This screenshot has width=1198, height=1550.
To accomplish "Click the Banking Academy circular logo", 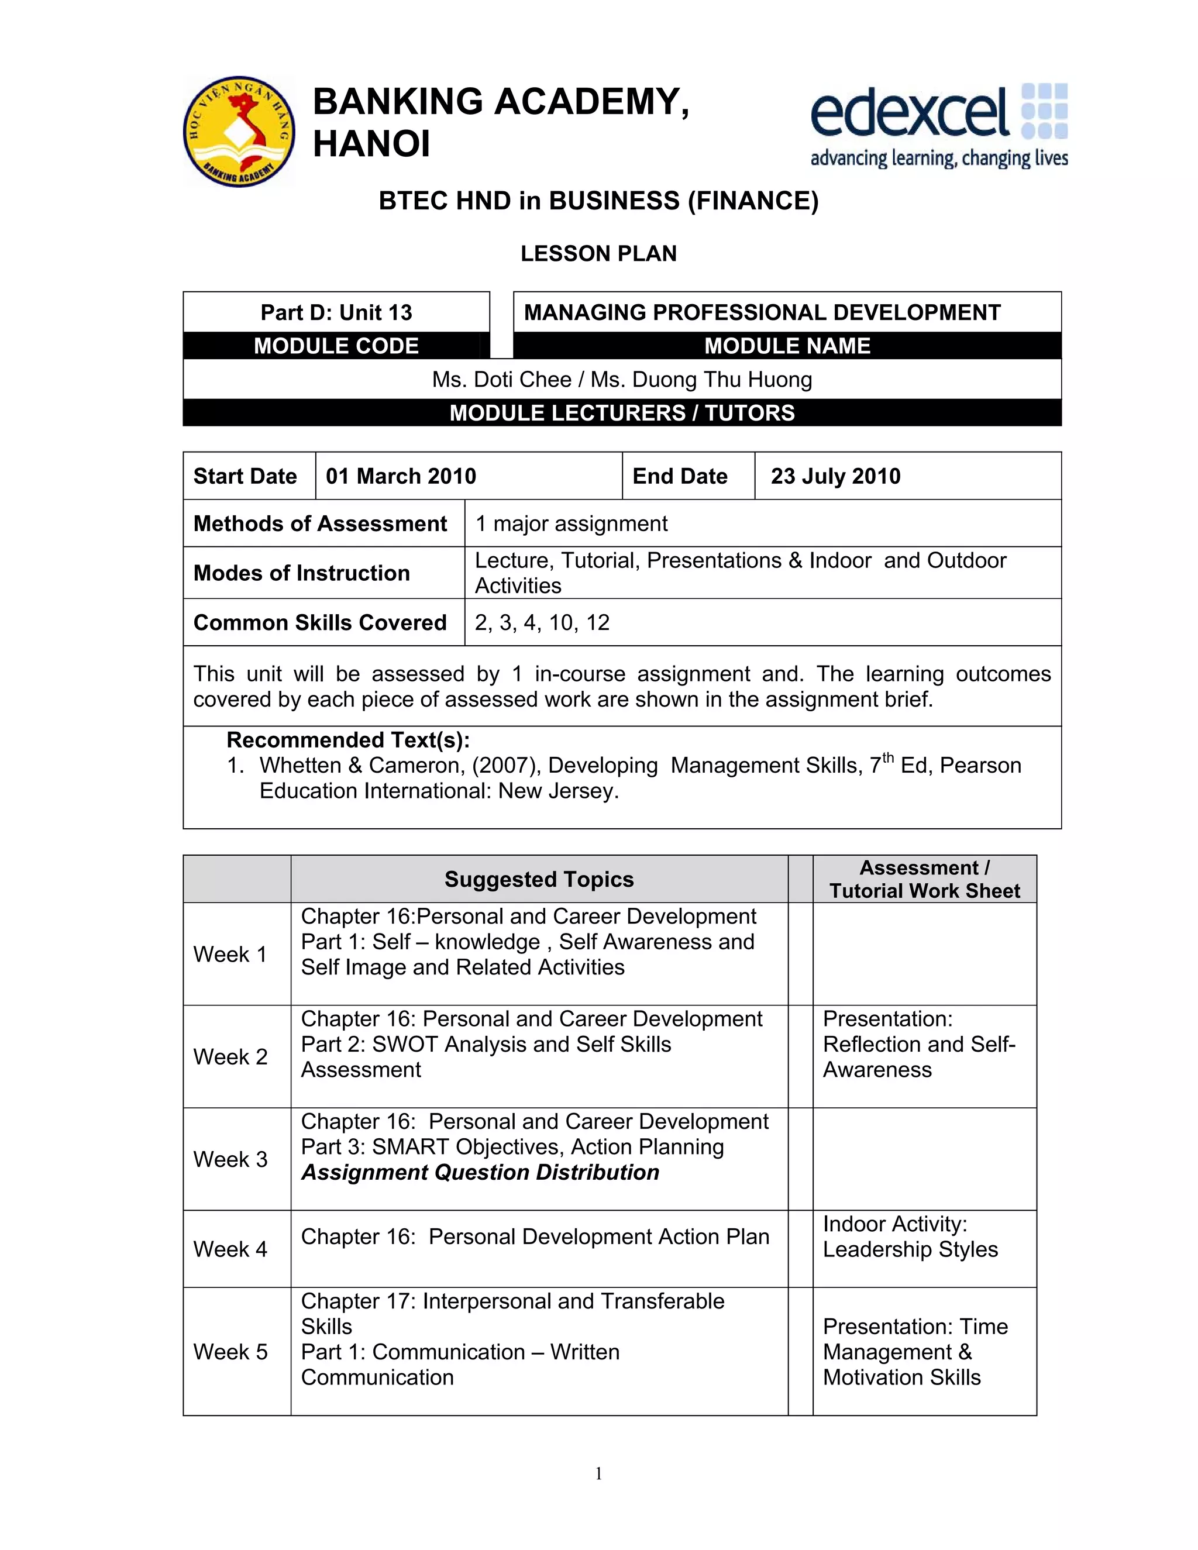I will click(x=239, y=132).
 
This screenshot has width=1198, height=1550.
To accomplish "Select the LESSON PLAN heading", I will click(x=598, y=253).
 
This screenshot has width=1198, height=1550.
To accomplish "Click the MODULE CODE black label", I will click(x=336, y=346).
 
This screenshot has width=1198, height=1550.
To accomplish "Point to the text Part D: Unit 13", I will click(x=336, y=312).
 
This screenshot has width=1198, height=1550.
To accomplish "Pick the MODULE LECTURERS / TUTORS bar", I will click(x=622, y=412).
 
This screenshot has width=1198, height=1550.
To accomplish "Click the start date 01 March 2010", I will click(x=401, y=476).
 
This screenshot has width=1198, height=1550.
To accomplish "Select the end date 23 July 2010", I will click(x=835, y=476).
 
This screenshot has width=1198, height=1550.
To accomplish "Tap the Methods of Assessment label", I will click(x=320, y=523).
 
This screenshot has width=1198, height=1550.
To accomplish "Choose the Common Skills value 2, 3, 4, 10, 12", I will click(x=542, y=622).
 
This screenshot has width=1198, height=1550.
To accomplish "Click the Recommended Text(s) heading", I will click(x=348, y=740).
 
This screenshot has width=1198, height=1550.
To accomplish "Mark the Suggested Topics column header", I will click(x=539, y=879).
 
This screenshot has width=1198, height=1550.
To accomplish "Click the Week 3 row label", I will click(x=230, y=1159).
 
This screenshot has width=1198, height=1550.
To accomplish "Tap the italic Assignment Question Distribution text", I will click(x=480, y=1172).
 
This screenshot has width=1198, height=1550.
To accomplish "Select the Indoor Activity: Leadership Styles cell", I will click(x=910, y=1236).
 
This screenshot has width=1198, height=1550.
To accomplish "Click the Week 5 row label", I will click(x=230, y=1351).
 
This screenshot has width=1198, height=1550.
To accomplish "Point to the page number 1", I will click(x=598, y=1473).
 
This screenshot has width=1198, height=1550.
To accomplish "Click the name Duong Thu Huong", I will click(x=722, y=380).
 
